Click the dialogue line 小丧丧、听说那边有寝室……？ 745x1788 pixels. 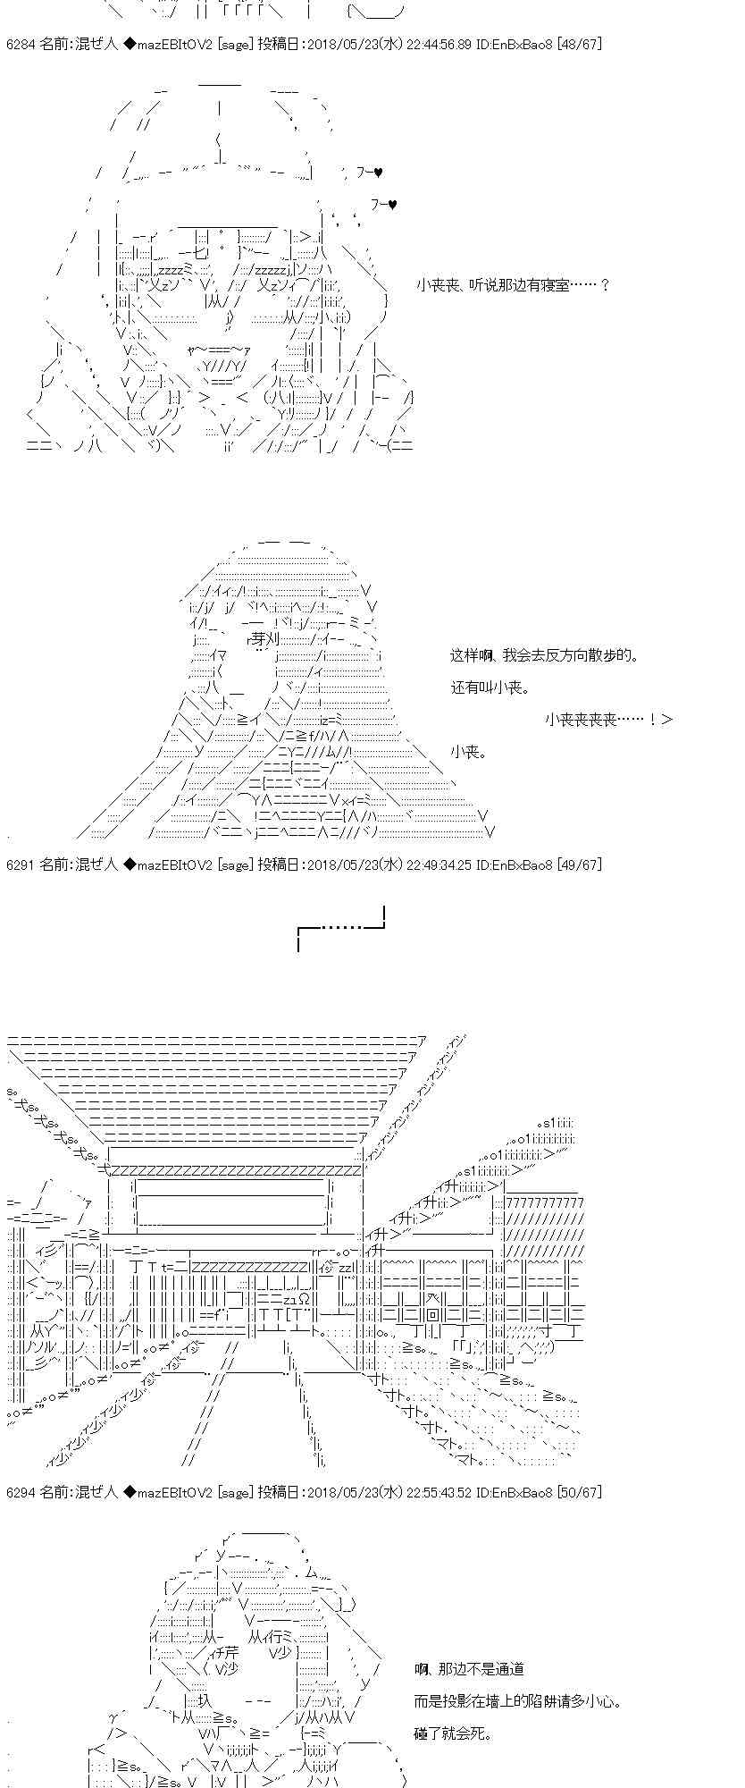(513, 285)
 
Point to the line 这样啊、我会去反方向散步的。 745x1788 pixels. (545, 655)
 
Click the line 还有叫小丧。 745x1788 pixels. (490, 687)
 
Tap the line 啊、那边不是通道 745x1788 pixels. (469, 1669)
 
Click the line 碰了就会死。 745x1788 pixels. (453, 1733)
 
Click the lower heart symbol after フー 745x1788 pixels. (391, 205)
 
